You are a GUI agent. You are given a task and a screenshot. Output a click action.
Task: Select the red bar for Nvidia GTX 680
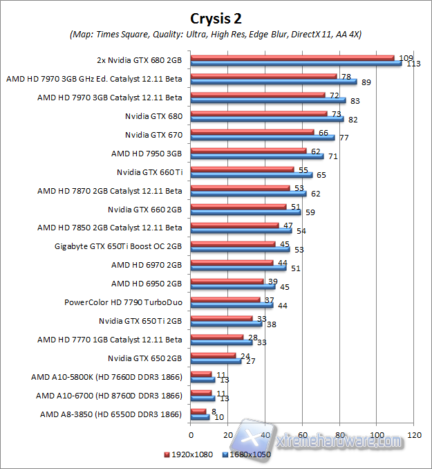point(259,113)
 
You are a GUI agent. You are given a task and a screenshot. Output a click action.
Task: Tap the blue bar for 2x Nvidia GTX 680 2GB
point(296,63)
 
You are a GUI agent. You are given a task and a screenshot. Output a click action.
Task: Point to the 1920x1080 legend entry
point(187,454)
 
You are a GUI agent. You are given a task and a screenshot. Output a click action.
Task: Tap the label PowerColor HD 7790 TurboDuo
point(123,302)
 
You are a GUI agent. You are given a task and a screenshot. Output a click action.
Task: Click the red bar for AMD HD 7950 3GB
point(248,150)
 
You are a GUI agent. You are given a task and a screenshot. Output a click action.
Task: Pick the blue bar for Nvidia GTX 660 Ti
point(251,175)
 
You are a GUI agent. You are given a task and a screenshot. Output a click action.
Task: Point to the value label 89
point(368,82)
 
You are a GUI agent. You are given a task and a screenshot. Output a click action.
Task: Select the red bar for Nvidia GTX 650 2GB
point(213,356)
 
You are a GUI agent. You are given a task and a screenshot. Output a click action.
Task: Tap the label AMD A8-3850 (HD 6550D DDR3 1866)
point(111,414)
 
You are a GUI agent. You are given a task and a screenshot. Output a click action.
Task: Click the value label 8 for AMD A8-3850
point(213,411)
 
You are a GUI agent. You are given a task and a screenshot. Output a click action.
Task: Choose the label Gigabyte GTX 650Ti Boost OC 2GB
point(118,246)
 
